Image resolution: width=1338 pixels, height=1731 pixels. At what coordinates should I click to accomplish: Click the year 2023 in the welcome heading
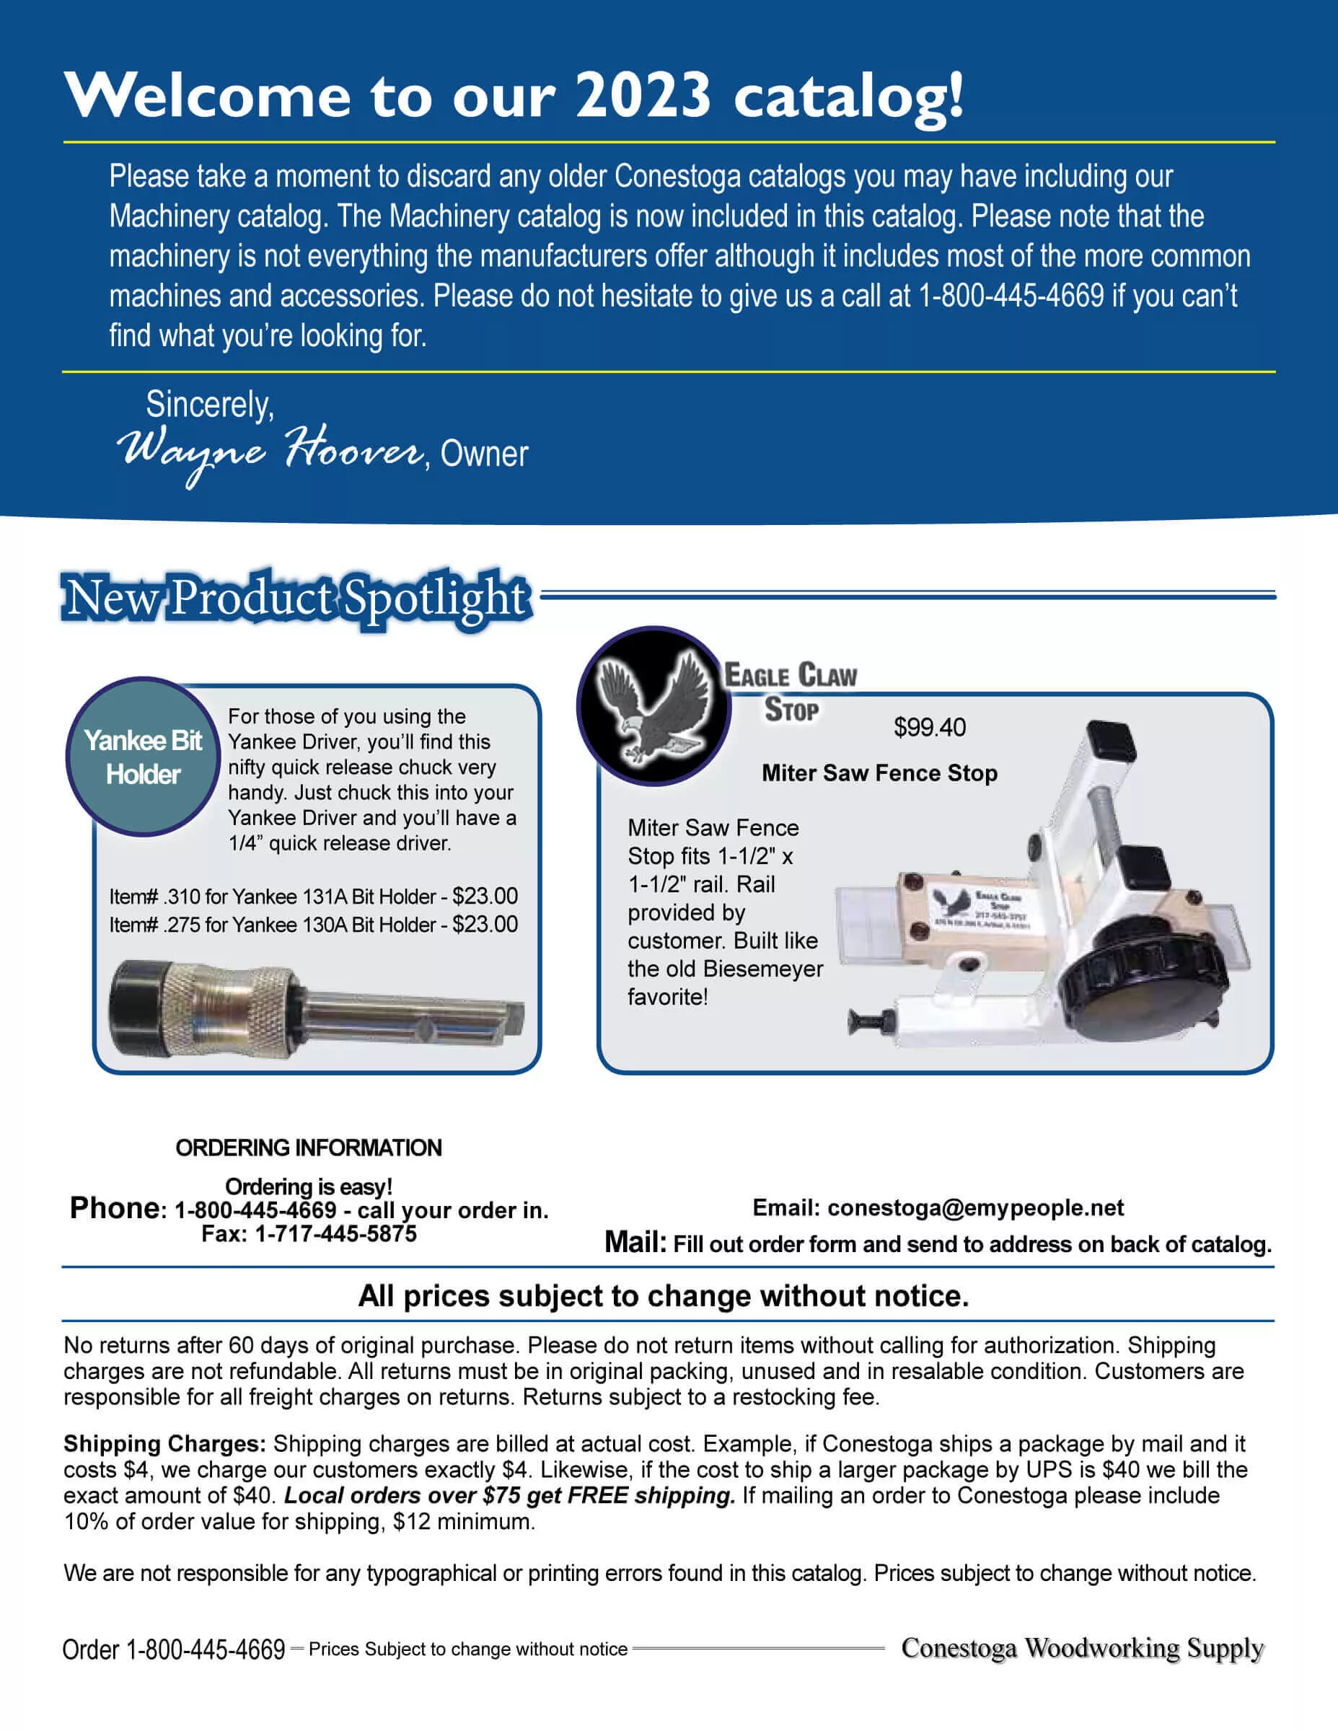click(x=642, y=95)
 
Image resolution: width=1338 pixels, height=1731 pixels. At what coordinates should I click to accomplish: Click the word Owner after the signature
click(x=483, y=454)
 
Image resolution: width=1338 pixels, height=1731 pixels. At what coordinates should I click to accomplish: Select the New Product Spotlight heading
click(x=296, y=598)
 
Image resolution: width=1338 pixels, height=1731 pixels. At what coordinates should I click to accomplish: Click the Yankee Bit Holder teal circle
click(x=143, y=757)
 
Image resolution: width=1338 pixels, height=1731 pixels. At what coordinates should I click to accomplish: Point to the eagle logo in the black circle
click(x=653, y=705)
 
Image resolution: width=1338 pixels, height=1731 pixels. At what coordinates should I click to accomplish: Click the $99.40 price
click(x=929, y=728)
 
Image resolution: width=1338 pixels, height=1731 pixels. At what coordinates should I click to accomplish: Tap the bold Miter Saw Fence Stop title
click(x=879, y=772)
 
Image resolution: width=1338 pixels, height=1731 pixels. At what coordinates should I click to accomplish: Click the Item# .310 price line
click(x=313, y=897)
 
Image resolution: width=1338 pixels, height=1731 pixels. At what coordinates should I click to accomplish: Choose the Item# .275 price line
click(x=313, y=924)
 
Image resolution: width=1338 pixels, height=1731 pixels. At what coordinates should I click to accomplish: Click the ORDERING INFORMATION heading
click(x=308, y=1148)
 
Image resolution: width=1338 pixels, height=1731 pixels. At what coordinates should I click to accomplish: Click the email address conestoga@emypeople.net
click(x=975, y=1208)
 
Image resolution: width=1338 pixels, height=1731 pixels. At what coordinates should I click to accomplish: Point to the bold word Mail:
click(x=635, y=1242)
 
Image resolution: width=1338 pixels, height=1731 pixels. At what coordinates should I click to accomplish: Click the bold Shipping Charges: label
click(x=164, y=1444)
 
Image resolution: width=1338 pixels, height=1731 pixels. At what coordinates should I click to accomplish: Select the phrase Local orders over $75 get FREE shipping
click(x=510, y=1496)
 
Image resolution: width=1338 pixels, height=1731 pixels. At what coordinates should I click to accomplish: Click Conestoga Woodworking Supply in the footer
click(x=1082, y=1648)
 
